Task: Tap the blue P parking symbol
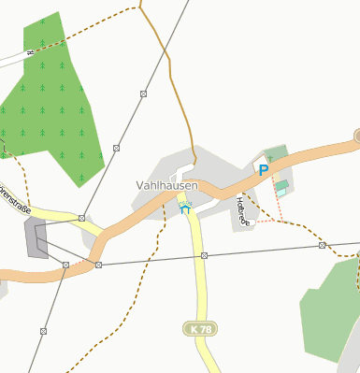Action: coord(264,170)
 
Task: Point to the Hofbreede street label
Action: coord(243,209)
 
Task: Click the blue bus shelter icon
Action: coord(184,209)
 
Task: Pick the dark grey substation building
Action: coord(36,239)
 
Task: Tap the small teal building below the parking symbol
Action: coord(281,191)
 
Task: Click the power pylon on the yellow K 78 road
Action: coord(203,255)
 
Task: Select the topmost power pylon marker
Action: coord(143,93)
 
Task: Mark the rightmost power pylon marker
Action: coord(322,245)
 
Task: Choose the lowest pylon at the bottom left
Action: coord(43,331)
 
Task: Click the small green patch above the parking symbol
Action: coord(276,152)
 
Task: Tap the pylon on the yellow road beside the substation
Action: coord(82,218)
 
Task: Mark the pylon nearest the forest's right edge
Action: coord(115,148)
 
